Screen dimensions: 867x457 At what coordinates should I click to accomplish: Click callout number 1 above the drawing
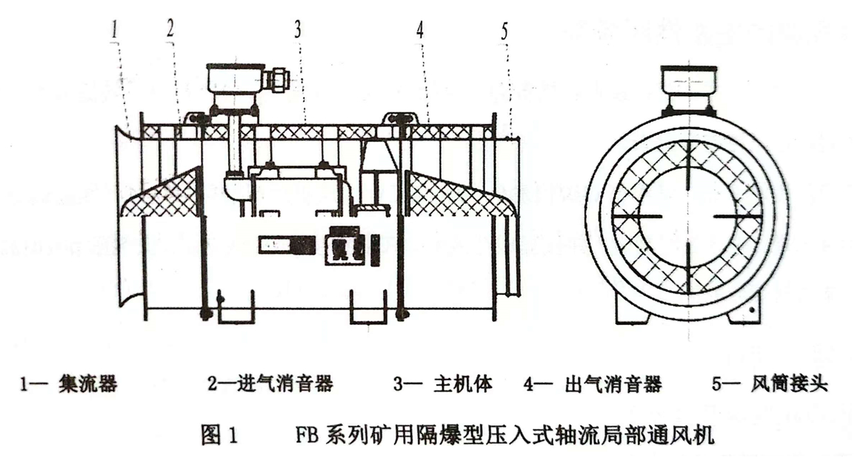pyautogui.click(x=115, y=30)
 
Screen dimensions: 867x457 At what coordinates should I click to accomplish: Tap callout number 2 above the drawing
pyautogui.click(x=170, y=28)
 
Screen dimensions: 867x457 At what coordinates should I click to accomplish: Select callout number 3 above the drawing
pyautogui.click(x=297, y=29)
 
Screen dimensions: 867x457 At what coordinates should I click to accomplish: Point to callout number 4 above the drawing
pyautogui.click(x=420, y=29)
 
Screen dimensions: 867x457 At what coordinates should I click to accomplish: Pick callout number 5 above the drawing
pyautogui.click(x=504, y=32)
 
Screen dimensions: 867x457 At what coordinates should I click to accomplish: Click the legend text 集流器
pyautogui.click(x=88, y=384)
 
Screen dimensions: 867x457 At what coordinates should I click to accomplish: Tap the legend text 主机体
pyautogui.click(x=463, y=384)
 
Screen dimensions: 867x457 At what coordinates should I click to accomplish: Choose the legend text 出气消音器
pyautogui.click(x=614, y=384)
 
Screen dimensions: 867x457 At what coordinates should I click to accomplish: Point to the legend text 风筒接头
pyautogui.click(x=789, y=384)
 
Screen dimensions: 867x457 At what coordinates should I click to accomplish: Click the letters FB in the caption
pyautogui.click(x=307, y=435)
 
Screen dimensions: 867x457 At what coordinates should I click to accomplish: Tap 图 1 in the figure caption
pyautogui.click(x=219, y=435)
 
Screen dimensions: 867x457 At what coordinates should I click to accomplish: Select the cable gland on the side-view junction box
pyautogui.click(x=276, y=80)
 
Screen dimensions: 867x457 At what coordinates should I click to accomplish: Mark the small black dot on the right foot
pyautogui.click(x=752, y=310)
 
